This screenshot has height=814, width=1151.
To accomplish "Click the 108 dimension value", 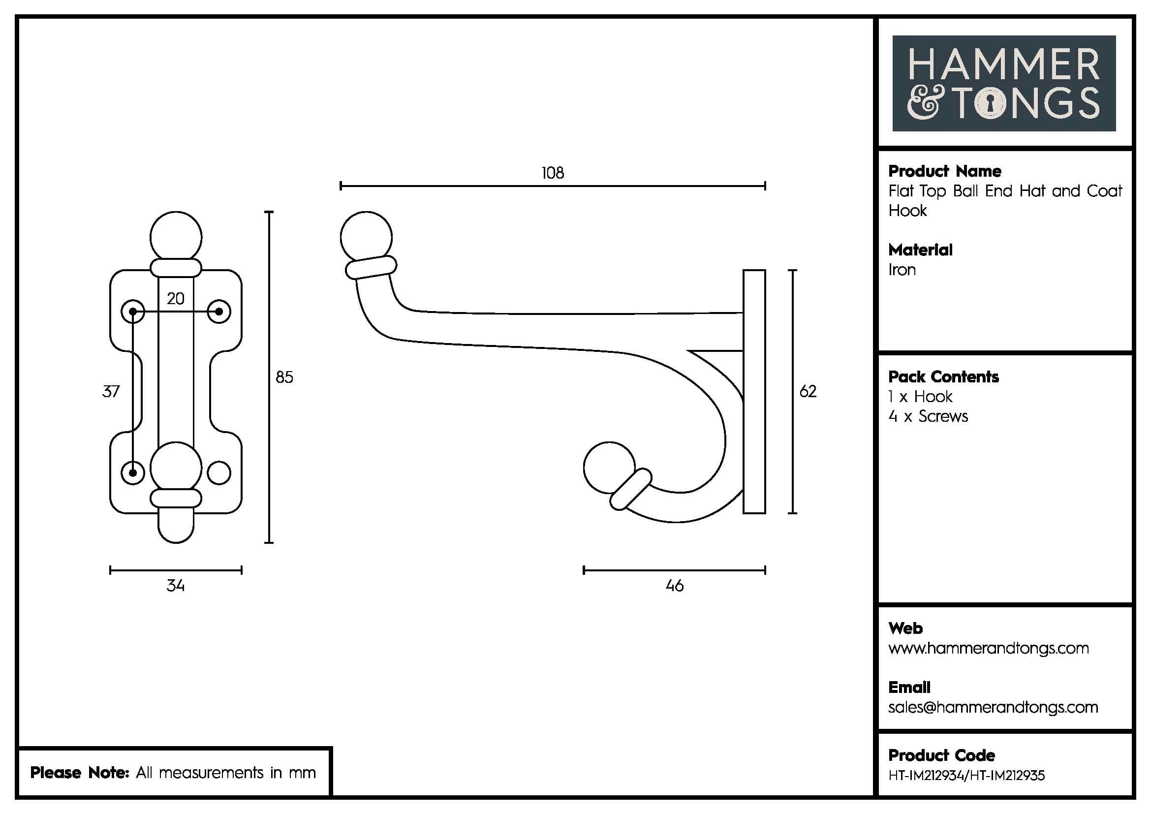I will pos(553,173).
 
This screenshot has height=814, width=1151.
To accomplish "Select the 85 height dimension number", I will pos(284,377).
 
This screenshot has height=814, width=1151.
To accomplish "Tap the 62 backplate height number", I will pos(808,391).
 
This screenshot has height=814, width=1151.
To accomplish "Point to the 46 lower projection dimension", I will pos(674,586).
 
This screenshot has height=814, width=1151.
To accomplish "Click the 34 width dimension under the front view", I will pos(176,586).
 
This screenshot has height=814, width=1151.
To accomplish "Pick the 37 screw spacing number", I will pos(111,391).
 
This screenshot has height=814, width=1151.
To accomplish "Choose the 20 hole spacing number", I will pos(176,299).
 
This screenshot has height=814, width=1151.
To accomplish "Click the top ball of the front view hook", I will pos(176,237).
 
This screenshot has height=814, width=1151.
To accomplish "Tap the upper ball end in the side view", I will pos(366,237).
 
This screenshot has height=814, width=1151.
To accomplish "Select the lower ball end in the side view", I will pos(609,467).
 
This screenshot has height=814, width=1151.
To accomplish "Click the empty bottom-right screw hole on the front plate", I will pos(219,472).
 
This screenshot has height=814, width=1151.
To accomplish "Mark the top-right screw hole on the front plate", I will pos(219,312).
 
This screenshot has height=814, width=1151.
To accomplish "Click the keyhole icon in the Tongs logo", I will pos(990,104).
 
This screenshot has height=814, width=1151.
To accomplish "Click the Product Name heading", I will pos(944,171).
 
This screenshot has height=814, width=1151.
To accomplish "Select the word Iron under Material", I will pos(902,270).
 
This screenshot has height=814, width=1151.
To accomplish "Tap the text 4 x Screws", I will pos(928,416).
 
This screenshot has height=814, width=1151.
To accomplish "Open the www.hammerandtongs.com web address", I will pos(988,648).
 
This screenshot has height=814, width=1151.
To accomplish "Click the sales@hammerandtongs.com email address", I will pos(993,707).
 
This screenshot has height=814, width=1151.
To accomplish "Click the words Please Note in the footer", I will pos(80,772).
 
